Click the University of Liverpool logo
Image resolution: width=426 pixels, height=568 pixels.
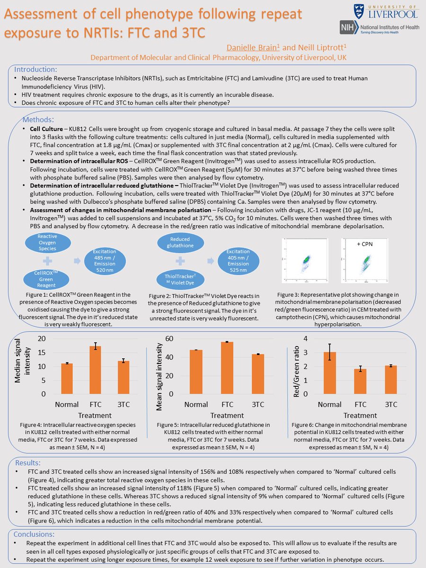386,11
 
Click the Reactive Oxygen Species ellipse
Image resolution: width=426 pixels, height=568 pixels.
47,242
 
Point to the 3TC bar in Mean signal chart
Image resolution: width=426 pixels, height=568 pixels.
257,374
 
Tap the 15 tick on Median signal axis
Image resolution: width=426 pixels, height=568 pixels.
42,353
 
